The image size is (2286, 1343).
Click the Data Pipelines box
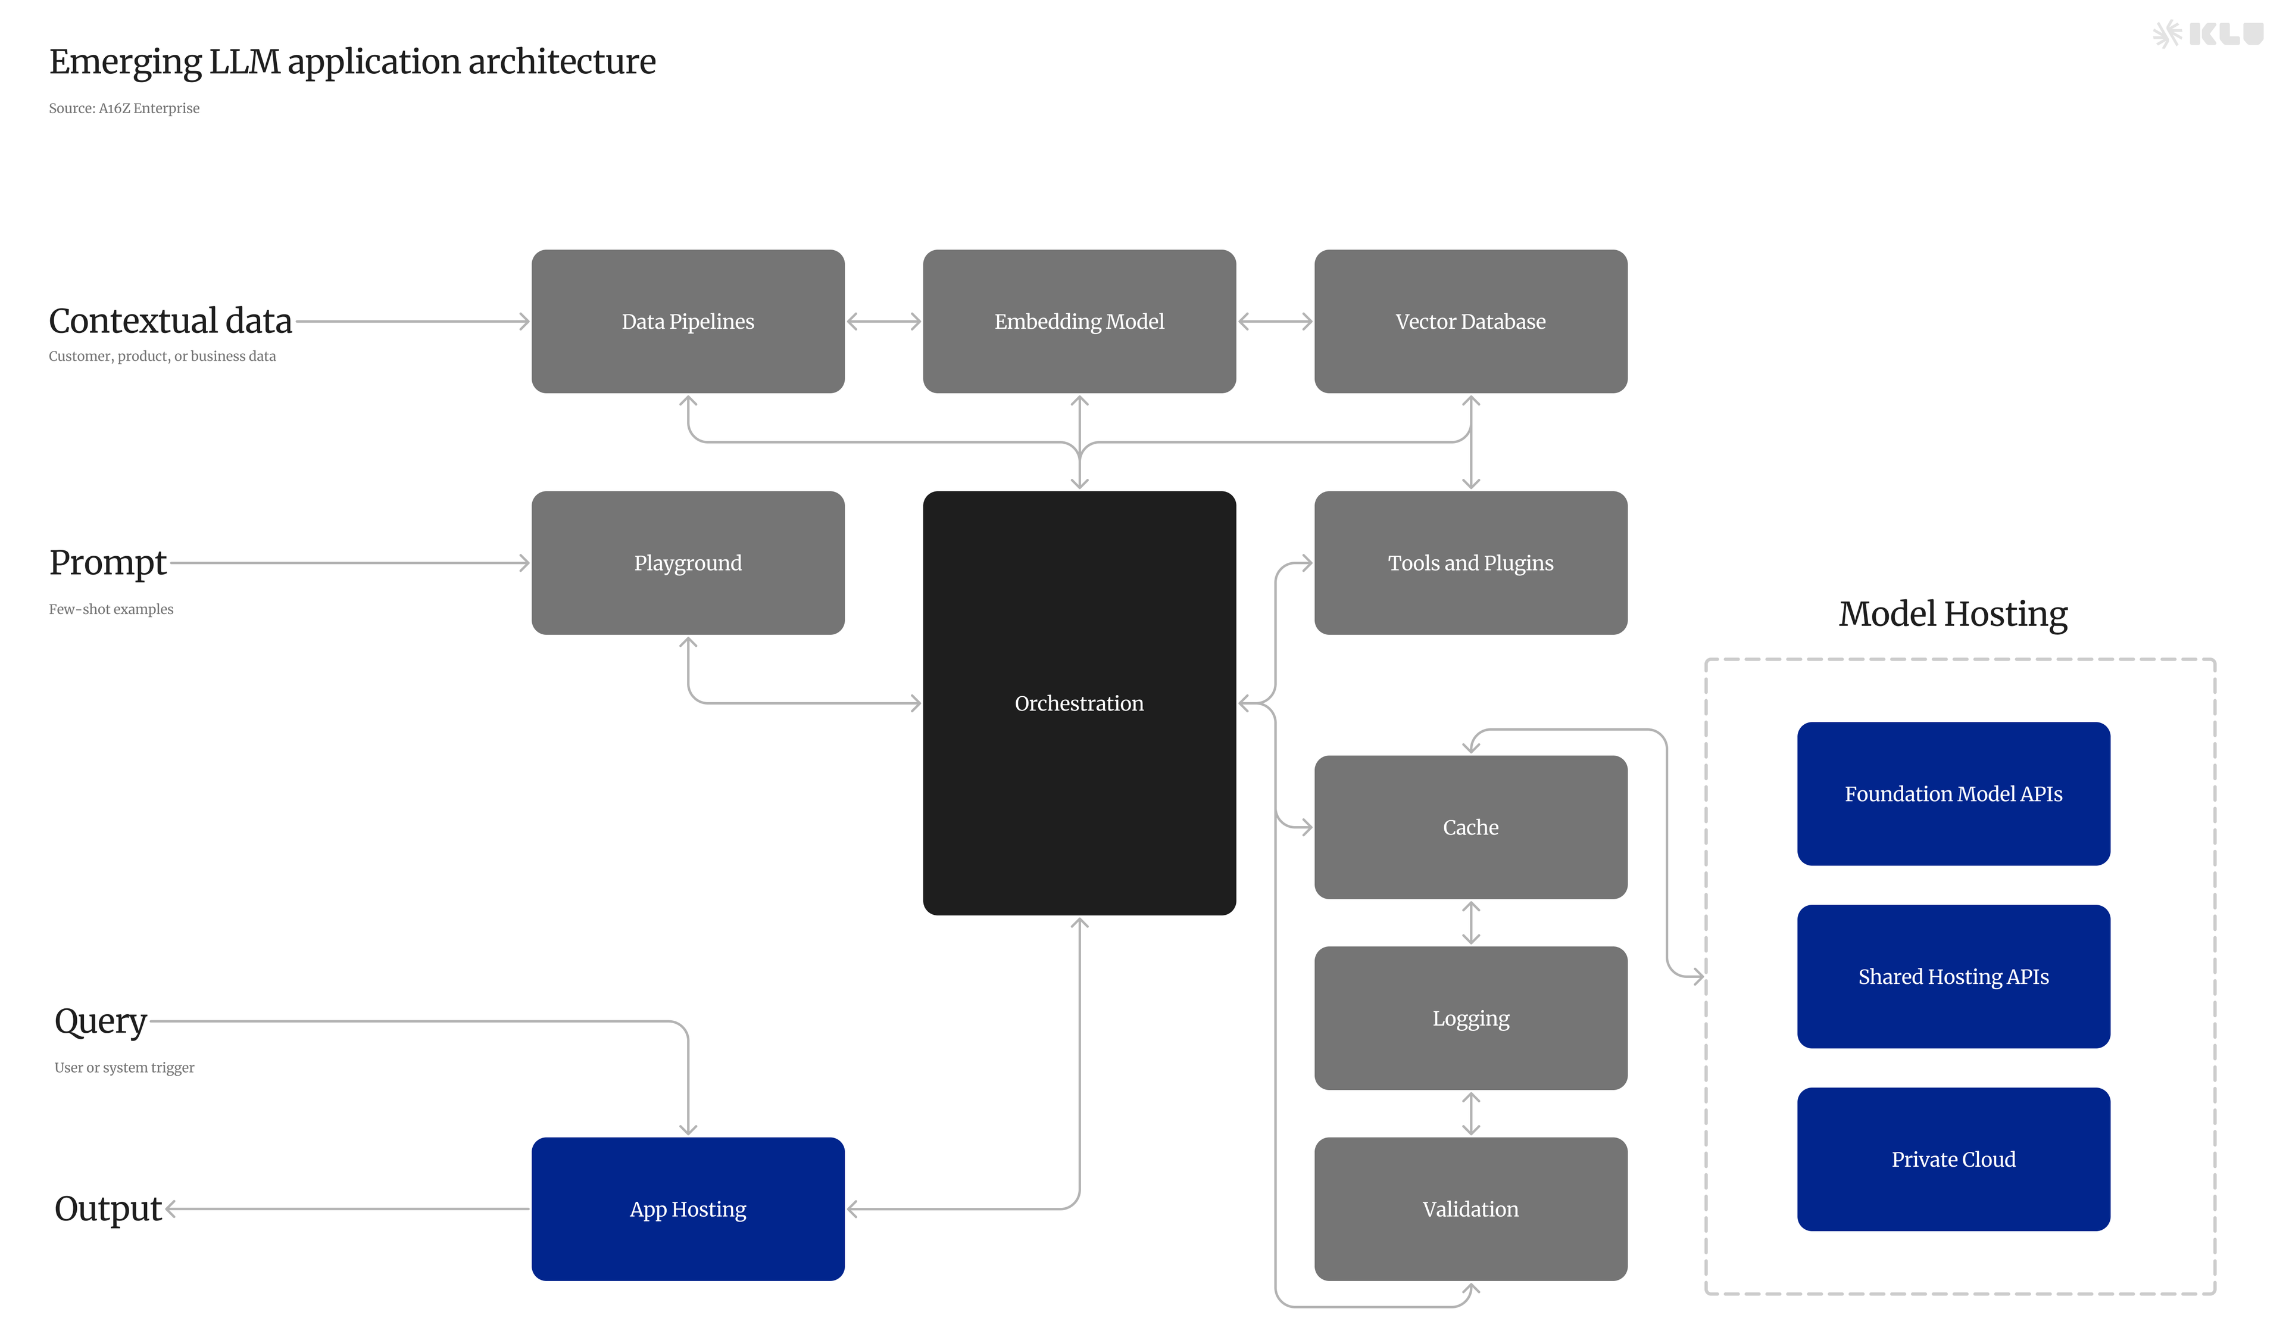click(x=688, y=321)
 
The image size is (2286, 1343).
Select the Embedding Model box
click(x=1079, y=321)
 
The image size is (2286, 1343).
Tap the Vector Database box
click(x=1470, y=321)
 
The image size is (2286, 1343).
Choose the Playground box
click(x=688, y=563)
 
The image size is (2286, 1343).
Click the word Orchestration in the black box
click(x=1079, y=703)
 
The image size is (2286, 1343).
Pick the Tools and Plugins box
click(x=1470, y=563)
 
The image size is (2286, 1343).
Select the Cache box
click(x=1470, y=827)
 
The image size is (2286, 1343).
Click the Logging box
click(x=1470, y=1018)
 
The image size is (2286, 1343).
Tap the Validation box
click(x=1470, y=1209)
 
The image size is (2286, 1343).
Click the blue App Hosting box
click(x=688, y=1209)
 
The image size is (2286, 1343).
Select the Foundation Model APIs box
click(x=1952, y=794)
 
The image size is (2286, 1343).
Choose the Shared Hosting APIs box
click(x=1952, y=976)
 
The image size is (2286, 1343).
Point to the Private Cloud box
click(x=1952, y=1159)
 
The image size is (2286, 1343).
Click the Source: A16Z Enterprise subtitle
click(x=124, y=108)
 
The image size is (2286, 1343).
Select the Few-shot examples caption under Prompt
click(x=111, y=609)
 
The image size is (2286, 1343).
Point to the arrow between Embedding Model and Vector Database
click(x=1275, y=321)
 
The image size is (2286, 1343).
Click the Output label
click(x=108, y=1209)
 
